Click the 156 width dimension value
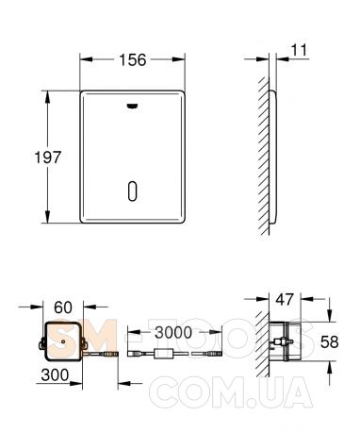(132, 59)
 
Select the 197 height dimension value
(47, 158)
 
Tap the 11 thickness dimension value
(299, 50)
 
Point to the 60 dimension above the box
(63, 307)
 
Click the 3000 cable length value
(173, 332)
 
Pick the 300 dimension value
(55, 374)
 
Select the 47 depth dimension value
(285, 299)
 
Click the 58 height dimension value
(329, 341)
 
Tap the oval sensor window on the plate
(133, 191)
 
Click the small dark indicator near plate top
(132, 107)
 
